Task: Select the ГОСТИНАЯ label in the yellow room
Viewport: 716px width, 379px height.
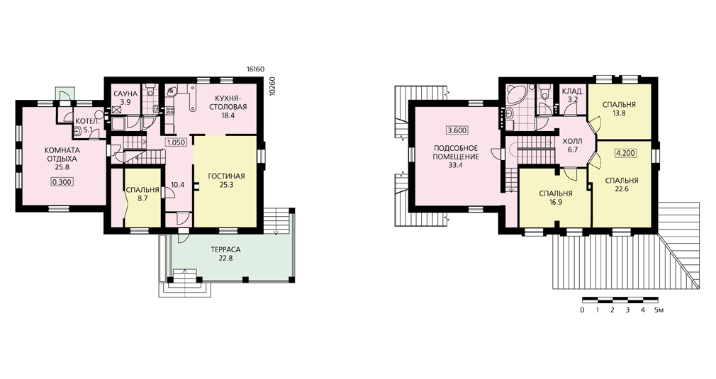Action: click(226, 176)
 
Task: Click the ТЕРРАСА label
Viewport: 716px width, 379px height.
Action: click(225, 250)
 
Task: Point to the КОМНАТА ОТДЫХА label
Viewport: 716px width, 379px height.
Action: click(62, 154)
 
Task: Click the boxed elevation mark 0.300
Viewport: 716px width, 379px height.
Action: click(62, 181)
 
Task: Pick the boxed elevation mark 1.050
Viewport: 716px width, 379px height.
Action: click(176, 142)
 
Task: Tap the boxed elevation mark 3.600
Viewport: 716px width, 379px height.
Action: click(457, 130)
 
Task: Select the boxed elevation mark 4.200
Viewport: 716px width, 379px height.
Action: click(625, 153)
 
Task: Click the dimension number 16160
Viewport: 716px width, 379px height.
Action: click(256, 69)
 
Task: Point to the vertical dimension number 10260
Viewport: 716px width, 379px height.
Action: click(273, 86)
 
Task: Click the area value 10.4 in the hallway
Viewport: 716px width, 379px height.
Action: click(177, 185)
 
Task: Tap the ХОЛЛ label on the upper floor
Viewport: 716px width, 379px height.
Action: click(572, 142)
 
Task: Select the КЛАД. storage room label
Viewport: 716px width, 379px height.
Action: click(572, 91)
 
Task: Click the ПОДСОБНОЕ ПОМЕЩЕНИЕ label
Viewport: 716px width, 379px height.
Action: click(456, 153)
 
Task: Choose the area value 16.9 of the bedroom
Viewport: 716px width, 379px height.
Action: click(556, 202)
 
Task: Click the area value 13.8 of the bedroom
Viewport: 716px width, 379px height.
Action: click(619, 113)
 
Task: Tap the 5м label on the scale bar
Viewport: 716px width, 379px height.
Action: click(659, 310)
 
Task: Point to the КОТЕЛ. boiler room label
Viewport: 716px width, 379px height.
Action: click(85, 121)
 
